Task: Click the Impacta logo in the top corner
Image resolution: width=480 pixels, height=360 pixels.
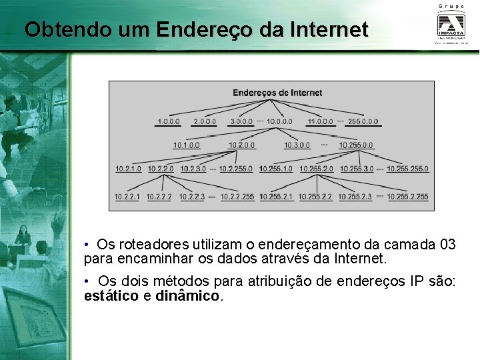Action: click(x=451, y=25)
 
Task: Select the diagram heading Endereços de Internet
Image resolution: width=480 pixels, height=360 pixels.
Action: click(x=277, y=93)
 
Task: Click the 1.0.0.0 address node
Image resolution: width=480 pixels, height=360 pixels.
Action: click(x=168, y=122)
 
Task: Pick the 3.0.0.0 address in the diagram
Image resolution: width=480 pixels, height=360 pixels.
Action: click(x=241, y=122)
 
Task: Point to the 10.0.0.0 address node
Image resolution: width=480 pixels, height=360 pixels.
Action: click(x=279, y=122)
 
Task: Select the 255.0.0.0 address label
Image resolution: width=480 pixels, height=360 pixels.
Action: click(x=363, y=122)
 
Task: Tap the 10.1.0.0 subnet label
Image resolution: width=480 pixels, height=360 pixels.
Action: click(x=187, y=145)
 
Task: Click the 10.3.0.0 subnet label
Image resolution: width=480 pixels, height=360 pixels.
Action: click(x=297, y=145)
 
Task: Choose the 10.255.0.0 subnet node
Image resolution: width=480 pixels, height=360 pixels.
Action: click(x=356, y=145)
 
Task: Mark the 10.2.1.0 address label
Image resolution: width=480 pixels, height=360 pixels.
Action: click(x=128, y=169)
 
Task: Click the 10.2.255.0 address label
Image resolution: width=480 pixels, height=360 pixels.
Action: click(x=235, y=169)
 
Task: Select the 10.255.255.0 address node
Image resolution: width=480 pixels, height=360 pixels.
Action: click(x=407, y=169)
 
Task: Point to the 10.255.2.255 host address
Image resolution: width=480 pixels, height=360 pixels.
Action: click(x=407, y=197)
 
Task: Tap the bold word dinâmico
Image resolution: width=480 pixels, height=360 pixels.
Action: click(x=187, y=295)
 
